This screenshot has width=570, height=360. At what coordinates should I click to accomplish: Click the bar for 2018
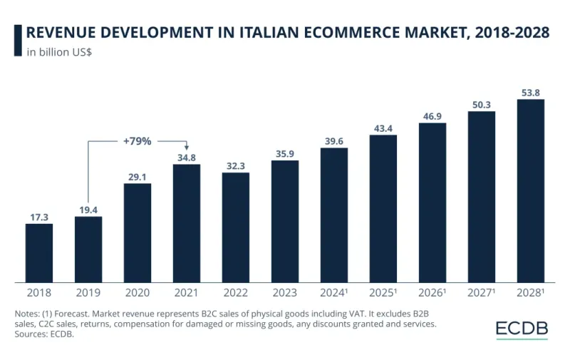[x=39, y=253]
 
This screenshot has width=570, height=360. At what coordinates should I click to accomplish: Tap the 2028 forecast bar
[x=531, y=190]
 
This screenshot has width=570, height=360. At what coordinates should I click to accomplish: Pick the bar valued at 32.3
[x=236, y=227]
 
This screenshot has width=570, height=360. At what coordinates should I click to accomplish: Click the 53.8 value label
[x=531, y=92]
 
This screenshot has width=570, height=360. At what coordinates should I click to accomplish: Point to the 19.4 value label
[x=88, y=209]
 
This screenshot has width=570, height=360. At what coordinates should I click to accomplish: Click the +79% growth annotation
[x=137, y=141]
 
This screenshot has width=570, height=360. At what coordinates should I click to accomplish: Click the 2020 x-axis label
[x=138, y=292]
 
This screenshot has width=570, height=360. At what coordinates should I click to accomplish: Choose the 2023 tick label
[x=285, y=292]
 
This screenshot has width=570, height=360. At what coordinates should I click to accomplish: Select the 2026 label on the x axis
[x=431, y=292]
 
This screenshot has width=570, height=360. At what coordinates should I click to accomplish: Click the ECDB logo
[x=522, y=329]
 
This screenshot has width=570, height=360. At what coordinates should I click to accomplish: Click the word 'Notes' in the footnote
[x=28, y=314]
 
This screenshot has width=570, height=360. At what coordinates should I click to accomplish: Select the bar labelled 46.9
[x=432, y=202]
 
